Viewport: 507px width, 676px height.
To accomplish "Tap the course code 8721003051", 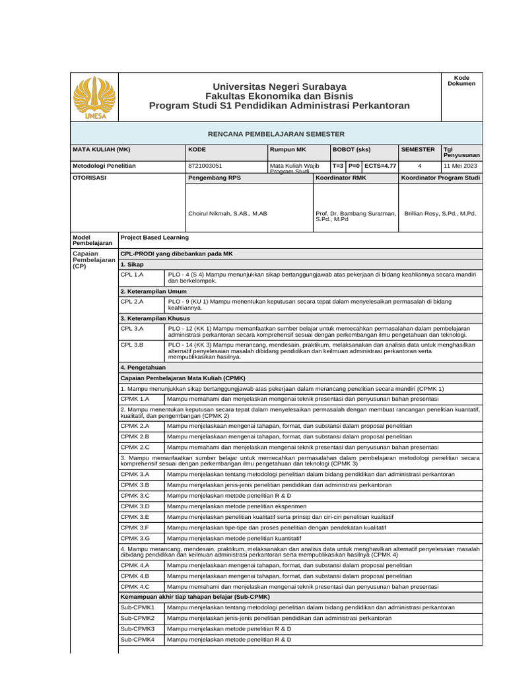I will click(x=205, y=166).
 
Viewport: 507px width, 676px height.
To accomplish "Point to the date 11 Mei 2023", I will click(x=460, y=166).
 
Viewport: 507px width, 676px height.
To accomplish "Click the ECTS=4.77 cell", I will click(x=380, y=166).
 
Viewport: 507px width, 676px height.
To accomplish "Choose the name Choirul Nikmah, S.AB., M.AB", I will click(x=228, y=214).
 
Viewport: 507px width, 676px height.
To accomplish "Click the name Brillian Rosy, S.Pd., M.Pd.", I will click(x=440, y=214).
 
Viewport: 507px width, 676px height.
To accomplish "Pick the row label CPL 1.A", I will click(x=132, y=273).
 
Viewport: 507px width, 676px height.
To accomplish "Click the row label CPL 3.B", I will click(x=132, y=345).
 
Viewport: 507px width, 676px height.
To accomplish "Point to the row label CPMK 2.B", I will click(x=135, y=436).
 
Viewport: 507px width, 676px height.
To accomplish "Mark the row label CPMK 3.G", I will click(x=135, y=538).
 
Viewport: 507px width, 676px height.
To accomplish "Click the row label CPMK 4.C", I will click(x=135, y=586).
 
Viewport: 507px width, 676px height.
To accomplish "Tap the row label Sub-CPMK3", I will click(x=137, y=628).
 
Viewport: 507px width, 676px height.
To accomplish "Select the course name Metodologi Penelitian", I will click(x=104, y=166).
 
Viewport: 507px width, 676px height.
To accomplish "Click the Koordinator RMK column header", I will click(x=341, y=178).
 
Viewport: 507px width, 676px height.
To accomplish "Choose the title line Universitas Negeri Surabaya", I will click(x=279, y=87).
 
